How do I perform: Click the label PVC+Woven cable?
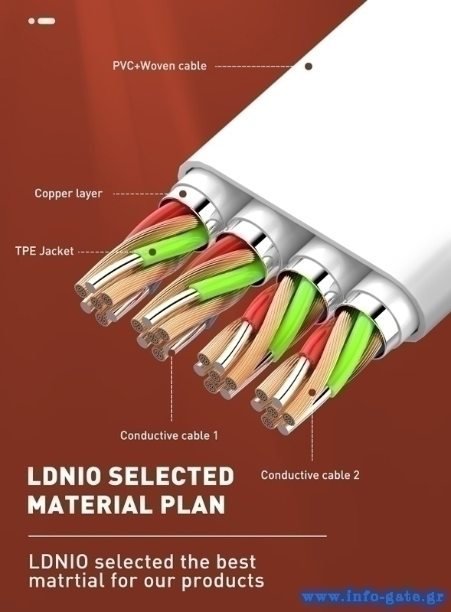coord(159,65)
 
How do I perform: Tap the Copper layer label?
coord(68,194)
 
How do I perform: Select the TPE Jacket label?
coord(44,251)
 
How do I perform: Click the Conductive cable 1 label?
coord(168,435)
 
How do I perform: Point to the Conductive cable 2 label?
coord(310,475)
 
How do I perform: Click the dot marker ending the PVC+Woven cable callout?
coord(309,67)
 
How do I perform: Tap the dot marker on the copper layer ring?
coord(182,194)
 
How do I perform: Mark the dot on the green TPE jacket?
coord(153,252)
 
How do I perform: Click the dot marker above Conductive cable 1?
coord(172,353)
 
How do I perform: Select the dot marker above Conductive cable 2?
coord(312,392)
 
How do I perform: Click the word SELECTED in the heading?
coord(171,476)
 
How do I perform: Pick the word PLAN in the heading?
coord(192,504)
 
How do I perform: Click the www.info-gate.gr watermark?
coord(373,597)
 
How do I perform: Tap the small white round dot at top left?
coord(31,21)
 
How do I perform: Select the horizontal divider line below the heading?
coord(178,536)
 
